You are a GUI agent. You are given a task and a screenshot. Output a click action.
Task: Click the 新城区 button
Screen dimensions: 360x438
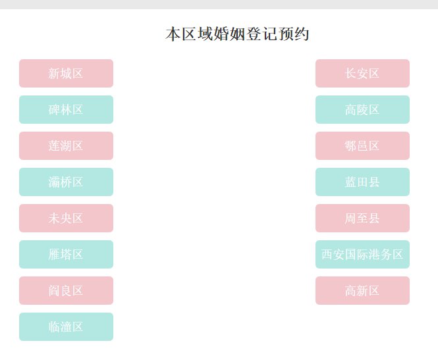point(66,73)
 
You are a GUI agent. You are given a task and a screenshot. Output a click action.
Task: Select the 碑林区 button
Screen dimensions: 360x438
point(66,109)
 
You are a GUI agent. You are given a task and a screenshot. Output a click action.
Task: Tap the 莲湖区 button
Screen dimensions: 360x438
point(66,145)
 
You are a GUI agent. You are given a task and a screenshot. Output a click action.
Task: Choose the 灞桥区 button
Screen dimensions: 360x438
point(66,182)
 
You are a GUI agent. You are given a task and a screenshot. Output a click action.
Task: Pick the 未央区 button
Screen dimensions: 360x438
point(66,218)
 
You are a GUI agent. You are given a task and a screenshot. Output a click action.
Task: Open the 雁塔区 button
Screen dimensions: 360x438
point(66,254)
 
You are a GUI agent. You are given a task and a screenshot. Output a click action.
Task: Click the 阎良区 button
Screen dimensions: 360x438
point(66,290)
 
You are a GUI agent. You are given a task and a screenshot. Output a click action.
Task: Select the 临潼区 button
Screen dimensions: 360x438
point(66,326)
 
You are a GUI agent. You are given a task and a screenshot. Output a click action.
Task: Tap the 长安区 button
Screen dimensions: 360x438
point(362,73)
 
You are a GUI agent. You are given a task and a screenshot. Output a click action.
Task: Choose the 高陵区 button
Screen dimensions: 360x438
point(362,109)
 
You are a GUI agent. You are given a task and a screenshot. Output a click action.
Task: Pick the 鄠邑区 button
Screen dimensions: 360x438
point(362,145)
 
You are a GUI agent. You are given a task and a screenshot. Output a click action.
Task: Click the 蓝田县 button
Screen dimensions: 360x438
point(362,182)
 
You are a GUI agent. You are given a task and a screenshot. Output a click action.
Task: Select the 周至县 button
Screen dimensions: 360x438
point(362,218)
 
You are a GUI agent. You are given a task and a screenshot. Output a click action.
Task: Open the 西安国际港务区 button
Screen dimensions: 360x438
point(362,254)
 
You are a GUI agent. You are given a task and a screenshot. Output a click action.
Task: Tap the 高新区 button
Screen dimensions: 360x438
point(362,290)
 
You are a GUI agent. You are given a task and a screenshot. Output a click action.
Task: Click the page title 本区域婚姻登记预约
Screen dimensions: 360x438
point(237,34)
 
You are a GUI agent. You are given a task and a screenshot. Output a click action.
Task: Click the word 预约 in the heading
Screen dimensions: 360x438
point(294,34)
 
